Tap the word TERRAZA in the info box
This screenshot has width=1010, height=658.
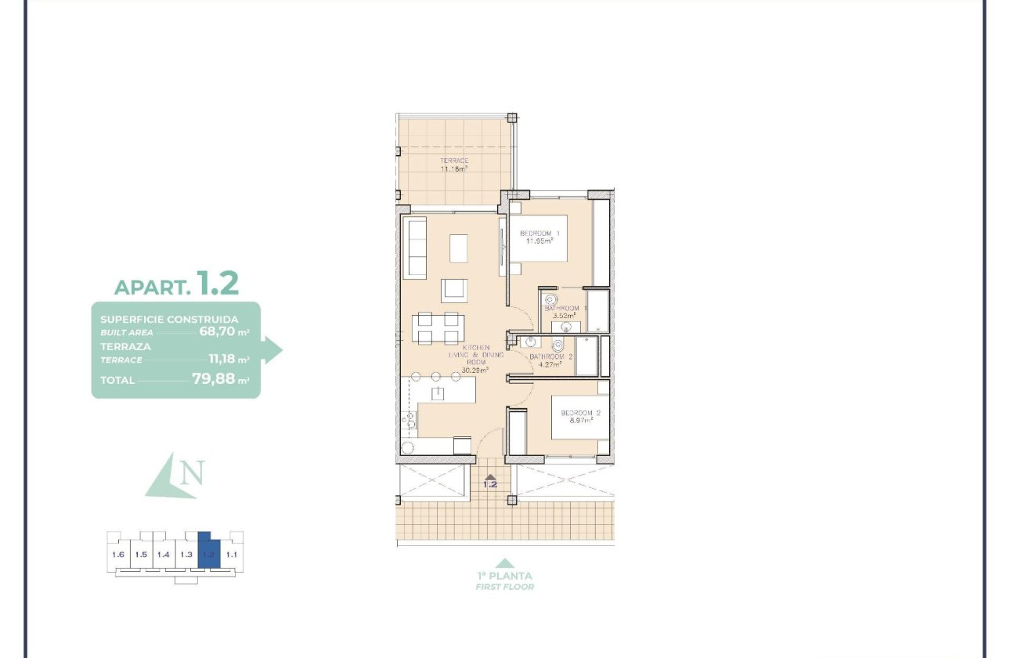125,345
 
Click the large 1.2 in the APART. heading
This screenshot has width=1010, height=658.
218,284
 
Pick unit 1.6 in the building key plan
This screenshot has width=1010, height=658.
118,555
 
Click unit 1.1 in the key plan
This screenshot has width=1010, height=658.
231,555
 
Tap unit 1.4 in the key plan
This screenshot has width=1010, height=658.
163,555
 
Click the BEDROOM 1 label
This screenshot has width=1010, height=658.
540,233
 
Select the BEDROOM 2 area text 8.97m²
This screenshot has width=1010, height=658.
580,420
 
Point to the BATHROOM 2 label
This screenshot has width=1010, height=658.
550,356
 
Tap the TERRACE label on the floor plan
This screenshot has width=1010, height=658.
454,161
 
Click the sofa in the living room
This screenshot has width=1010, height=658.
414,248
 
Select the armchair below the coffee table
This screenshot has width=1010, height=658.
454,291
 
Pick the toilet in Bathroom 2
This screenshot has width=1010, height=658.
557,345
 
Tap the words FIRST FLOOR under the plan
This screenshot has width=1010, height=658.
505,587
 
